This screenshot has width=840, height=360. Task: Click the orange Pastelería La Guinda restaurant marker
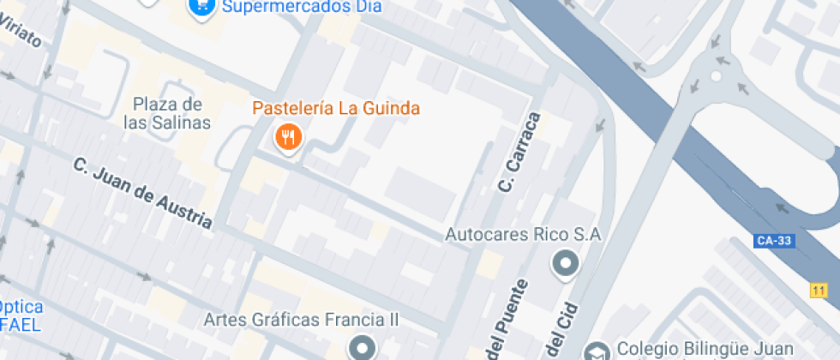click(288, 137)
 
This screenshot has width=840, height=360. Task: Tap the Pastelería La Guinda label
click(336, 108)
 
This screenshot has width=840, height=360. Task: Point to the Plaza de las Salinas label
click(167, 113)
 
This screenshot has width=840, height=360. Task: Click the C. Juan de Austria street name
click(142, 193)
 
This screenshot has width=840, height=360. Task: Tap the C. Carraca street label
click(519, 153)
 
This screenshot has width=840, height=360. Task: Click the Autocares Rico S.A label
click(525, 234)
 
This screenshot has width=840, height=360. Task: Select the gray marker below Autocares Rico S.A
click(565, 263)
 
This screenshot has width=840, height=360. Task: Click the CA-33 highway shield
click(774, 241)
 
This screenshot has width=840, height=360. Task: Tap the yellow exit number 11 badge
click(817, 291)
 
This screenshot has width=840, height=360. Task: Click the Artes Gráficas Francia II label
click(302, 320)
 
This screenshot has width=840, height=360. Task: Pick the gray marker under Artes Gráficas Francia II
click(362, 348)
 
